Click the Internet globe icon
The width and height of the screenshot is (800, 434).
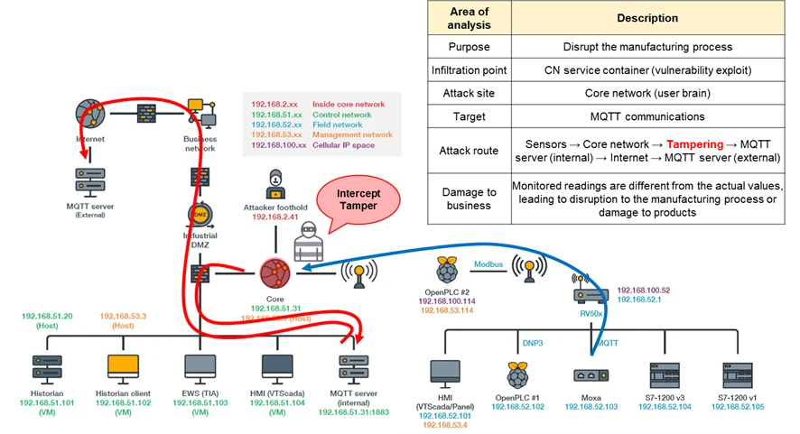90,112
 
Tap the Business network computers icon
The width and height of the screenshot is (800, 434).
200,112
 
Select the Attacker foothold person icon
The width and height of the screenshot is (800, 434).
276,184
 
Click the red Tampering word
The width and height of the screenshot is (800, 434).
694,144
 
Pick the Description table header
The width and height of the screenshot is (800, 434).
647,18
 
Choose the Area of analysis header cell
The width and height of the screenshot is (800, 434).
470,18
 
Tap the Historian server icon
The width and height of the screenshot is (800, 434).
45,365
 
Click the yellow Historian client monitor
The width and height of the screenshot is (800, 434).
123,365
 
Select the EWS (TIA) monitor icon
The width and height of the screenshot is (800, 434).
200,365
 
